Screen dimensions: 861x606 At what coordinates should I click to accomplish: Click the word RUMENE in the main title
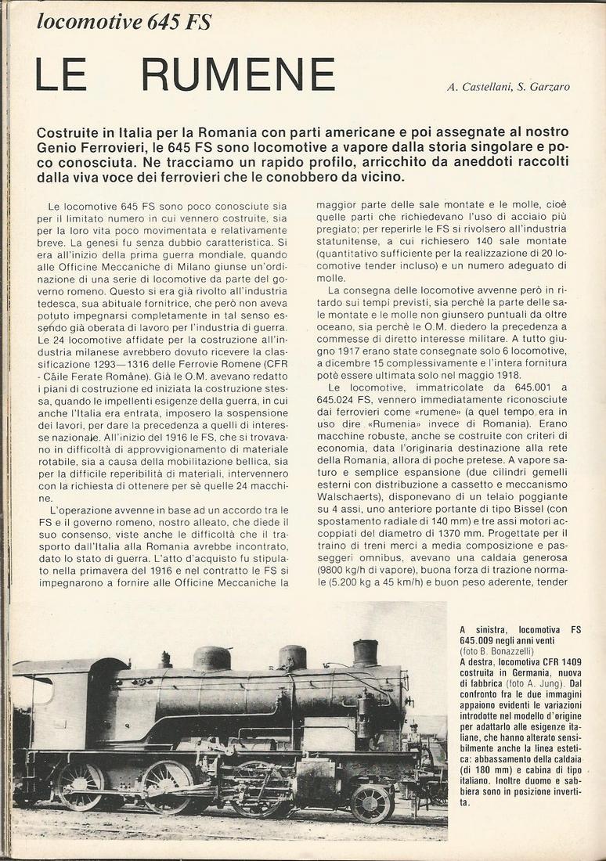(238, 75)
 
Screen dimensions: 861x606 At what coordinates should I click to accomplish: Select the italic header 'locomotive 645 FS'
(124, 22)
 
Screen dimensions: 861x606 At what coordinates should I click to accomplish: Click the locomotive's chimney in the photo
(365, 652)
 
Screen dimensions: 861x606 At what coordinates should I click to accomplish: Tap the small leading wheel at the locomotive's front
(371, 803)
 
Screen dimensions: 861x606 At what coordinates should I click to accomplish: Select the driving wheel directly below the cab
(80, 785)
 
